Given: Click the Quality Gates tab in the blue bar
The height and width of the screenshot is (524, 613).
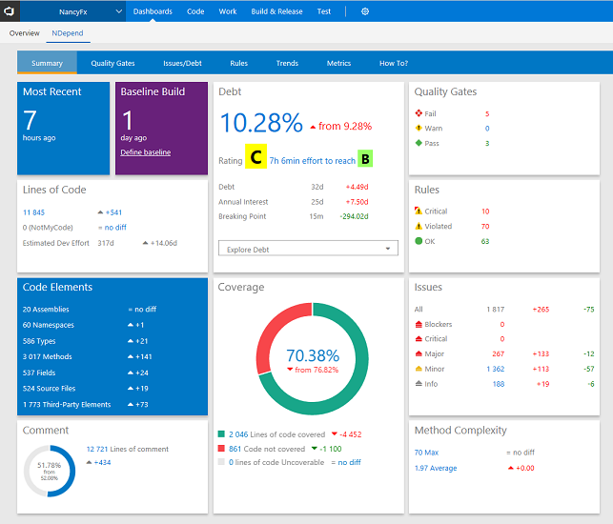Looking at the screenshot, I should pyautogui.click(x=112, y=64).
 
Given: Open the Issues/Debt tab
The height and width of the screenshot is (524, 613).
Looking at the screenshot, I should pyautogui.click(x=181, y=64).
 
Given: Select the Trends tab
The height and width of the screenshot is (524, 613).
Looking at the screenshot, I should pyautogui.click(x=287, y=64).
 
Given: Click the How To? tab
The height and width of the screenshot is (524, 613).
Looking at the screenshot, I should pyautogui.click(x=393, y=64).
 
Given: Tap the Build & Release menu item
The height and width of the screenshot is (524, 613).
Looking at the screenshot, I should pyautogui.click(x=276, y=11).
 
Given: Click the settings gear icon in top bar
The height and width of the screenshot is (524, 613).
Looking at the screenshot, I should pyautogui.click(x=365, y=11).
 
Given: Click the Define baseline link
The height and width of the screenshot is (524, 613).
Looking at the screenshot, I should pyautogui.click(x=146, y=152).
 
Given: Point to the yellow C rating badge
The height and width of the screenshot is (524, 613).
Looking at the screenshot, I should pyautogui.click(x=255, y=159).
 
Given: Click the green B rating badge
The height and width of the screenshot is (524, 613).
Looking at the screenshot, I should pyautogui.click(x=365, y=159).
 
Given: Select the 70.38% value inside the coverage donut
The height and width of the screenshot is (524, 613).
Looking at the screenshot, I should pyautogui.click(x=313, y=355).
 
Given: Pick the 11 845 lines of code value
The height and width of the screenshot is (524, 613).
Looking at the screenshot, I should pyautogui.click(x=34, y=212).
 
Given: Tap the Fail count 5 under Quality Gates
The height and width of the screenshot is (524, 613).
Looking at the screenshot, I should pyautogui.click(x=486, y=113).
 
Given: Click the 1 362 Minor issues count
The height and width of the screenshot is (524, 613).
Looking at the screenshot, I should pyautogui.click(x=496, y=369).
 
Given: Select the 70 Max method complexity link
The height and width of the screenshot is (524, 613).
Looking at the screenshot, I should pyautogui.click(x=426, y=453).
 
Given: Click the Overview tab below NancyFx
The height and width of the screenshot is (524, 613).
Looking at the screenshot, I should pyautogui.click(x=24, y=32).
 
